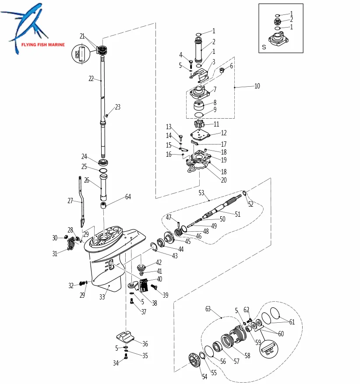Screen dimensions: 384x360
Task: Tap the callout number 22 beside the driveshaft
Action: (91, 79)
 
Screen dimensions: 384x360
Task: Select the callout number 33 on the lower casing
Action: (102, 297)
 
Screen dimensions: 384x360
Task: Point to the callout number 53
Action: (201, 193)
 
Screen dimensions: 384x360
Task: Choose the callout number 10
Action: (257, 86)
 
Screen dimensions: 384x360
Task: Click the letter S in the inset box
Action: (264, 46)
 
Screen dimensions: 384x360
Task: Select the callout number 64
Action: (128, 197)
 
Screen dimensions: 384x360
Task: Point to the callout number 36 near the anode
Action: (145, 344)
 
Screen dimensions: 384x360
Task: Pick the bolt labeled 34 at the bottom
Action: (126, 358)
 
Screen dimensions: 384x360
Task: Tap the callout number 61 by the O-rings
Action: (292, 322)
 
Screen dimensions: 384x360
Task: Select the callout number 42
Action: (159, 263)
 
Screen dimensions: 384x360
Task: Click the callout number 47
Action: (169, 217)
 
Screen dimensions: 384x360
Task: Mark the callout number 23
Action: (117, 107)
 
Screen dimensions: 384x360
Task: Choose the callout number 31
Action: (54, 254)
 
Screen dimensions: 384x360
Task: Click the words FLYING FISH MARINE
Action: (42, 45)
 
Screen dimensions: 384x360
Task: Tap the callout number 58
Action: (247, 356)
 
